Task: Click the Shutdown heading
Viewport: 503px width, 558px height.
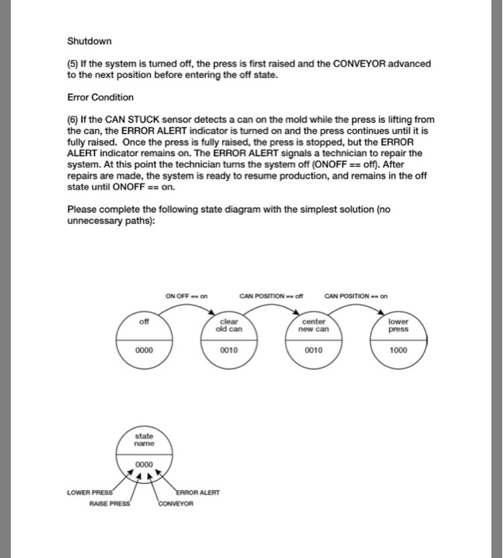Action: pyautogui.click(x=89, y=41)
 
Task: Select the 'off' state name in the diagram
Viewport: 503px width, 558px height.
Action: pyautogui.click(x=144, y=322)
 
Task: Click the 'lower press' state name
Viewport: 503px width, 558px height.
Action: pyautogui.click(x=399, y=325)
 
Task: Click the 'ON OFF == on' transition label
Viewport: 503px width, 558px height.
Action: pyautogui.click(x=187, y=297)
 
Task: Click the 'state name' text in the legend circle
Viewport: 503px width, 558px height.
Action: pyautogui.click(x=144, y=441)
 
